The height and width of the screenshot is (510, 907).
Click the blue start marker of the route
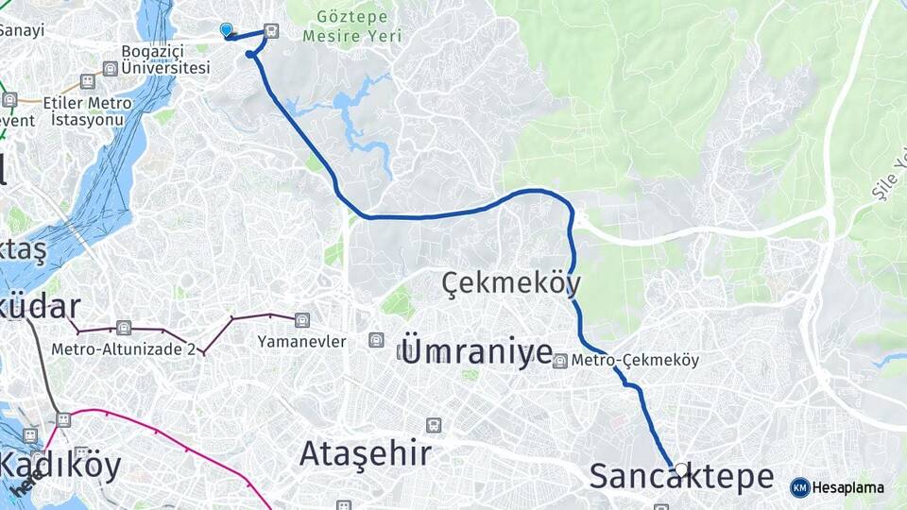tap(226, 30)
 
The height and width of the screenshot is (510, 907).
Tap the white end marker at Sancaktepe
tap(681, 469)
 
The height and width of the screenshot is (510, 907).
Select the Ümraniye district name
tap(477, 351)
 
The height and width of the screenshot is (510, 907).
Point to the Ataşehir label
tap(366, 454)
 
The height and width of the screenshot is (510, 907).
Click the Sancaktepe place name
tap(681, 477)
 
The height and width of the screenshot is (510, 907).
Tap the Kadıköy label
tap(60, 466)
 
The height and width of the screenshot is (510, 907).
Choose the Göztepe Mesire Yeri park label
tap(351, 26)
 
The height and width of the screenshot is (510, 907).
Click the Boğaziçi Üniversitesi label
tap(165, 59)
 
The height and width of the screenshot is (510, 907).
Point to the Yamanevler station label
tap(301, 341)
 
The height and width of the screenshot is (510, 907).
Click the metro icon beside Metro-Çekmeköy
tap(561, 361)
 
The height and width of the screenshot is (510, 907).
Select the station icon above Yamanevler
tap(302, 320)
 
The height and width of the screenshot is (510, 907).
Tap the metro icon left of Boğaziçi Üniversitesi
tap(111, 68)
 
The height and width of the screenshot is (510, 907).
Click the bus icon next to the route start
tap(272, 30)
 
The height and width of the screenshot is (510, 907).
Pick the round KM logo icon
tap(799, 487)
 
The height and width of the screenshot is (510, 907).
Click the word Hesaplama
tap(848, 488)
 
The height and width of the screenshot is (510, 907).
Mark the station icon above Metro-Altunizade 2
tap(124, 329)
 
